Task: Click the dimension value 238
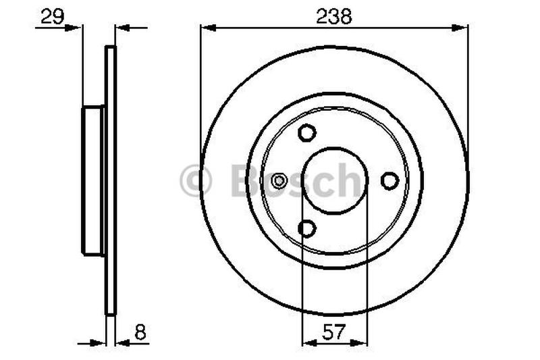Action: (334, 17)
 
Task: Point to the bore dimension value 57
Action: (334, 332)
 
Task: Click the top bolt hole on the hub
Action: (307, 133)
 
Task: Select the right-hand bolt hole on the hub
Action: (389, 180)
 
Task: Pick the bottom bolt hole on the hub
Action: (307, 229)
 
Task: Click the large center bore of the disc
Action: (335, 180)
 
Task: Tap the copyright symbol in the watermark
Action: (196, 181)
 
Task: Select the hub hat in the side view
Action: (93, 180)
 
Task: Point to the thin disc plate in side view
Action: (111, 180)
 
